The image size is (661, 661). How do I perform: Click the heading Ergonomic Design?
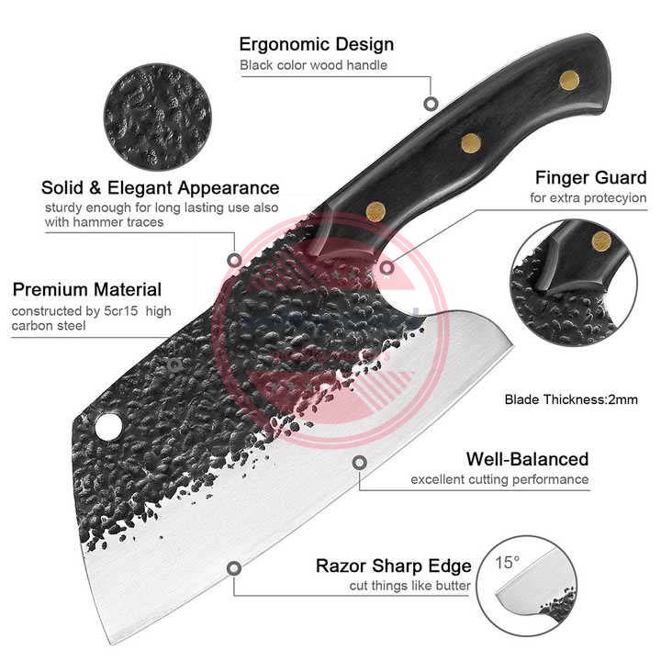coord(316,44)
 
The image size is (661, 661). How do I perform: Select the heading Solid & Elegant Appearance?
coord(161,188)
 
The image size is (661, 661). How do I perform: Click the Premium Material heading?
coord(87,290)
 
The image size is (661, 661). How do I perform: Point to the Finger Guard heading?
coord(590,177)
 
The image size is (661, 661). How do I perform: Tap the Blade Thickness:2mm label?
coord(571,399)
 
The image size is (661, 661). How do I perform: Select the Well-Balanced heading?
coord(527,459)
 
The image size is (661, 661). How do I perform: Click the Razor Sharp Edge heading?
coord(393,566)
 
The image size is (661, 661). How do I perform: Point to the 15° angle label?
coord(508,560)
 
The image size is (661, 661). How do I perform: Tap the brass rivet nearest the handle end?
coord(568,80)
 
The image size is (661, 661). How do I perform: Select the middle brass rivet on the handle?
coord(471,142)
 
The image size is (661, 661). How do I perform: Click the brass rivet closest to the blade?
coord(375,211)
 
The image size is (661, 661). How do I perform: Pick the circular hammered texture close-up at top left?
coord(158,104)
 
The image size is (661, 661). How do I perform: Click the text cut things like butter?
coord(409,587)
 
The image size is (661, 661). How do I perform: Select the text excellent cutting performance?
coord(499,480)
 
